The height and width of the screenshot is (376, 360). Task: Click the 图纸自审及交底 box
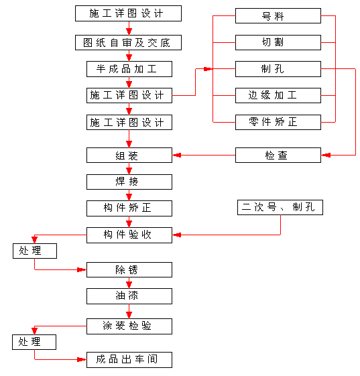pos(128,43)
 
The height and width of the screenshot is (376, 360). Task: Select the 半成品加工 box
pos(129,69)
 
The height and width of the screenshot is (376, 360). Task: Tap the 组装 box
pos(129,155)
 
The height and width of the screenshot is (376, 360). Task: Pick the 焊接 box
pos(129,182)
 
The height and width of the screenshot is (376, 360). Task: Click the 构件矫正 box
pos(129,208)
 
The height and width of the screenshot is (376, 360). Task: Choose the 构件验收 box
pos(129,235)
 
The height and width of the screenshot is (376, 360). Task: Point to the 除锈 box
pos(129,270)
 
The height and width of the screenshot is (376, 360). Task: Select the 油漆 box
pos(129,296)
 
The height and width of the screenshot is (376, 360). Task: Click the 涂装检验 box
pos(129,326)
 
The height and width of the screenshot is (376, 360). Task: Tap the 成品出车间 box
pos(129,360)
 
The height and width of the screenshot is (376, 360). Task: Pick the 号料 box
pos(278,16)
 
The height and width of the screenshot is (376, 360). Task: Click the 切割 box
pos(278,42)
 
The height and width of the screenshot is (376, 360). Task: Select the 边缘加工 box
pos(278,95)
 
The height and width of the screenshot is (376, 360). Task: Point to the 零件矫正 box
pos(278,122)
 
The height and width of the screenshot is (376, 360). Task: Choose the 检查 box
pos(278,155)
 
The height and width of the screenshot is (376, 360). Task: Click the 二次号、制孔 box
pos(280,207)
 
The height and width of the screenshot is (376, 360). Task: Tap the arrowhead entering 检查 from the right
pos(326,155)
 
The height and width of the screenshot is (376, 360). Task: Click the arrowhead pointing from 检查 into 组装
pos(177,155)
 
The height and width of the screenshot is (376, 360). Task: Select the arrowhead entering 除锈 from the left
pos(82,270)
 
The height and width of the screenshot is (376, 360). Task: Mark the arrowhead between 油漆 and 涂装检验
pos(129,314)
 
